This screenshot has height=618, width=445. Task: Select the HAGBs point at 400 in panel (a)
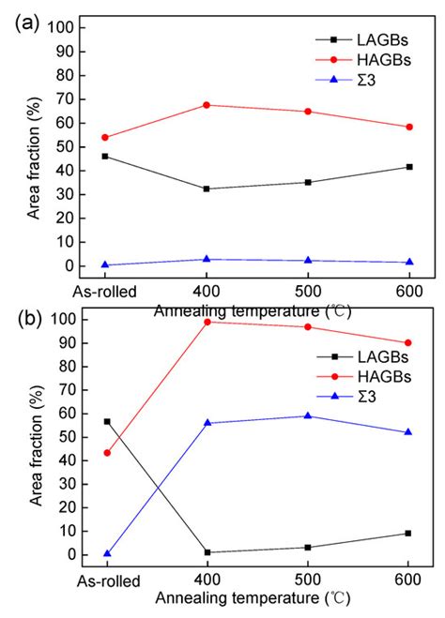coord(206,105)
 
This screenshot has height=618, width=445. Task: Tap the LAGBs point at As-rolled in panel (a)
coord(105,156)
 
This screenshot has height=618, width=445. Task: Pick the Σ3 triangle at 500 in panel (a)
coord(307,261)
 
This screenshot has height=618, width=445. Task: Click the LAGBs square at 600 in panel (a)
coord(407,167)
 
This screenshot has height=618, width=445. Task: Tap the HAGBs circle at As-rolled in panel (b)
coord(106,453)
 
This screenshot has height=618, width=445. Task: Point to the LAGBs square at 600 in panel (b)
coord(407,533)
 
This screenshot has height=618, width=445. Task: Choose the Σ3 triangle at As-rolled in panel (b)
coord(106,553)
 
